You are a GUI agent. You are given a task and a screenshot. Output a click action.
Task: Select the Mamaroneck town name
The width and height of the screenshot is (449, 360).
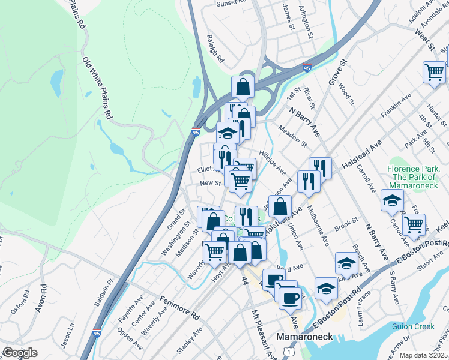point(300,337)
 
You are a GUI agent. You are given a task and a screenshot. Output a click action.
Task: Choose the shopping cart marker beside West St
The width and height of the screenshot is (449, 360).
point(434,73)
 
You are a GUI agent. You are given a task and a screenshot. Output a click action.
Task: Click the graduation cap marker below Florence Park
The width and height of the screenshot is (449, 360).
point(392,200)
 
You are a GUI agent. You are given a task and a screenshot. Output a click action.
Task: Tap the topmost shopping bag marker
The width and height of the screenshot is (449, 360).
point(243,87)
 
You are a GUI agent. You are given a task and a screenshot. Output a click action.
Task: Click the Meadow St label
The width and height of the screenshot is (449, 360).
point(292,136)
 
